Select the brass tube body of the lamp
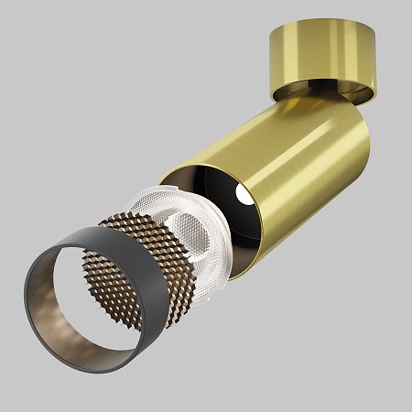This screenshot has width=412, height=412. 275,156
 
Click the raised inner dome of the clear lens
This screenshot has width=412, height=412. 188,228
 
